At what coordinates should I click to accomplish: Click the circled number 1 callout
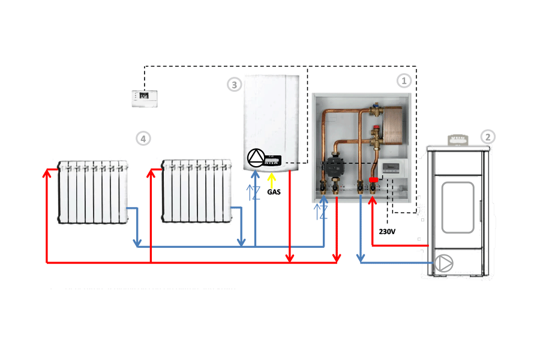[404, 79]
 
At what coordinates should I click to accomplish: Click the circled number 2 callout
[488, 137]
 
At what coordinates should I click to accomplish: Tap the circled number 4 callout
[142, 139]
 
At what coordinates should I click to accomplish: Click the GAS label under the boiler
[274, 193]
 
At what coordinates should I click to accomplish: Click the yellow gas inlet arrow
[272, 179]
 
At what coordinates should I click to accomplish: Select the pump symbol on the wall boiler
[256, 158]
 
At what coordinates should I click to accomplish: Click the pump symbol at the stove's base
[444, 263]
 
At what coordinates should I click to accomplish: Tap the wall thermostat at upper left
[143, 97]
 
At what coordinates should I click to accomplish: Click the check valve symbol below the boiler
[254, 193]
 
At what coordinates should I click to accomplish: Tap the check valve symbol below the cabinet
[322, 211]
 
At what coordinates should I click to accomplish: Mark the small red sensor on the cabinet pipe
[373, 179]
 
